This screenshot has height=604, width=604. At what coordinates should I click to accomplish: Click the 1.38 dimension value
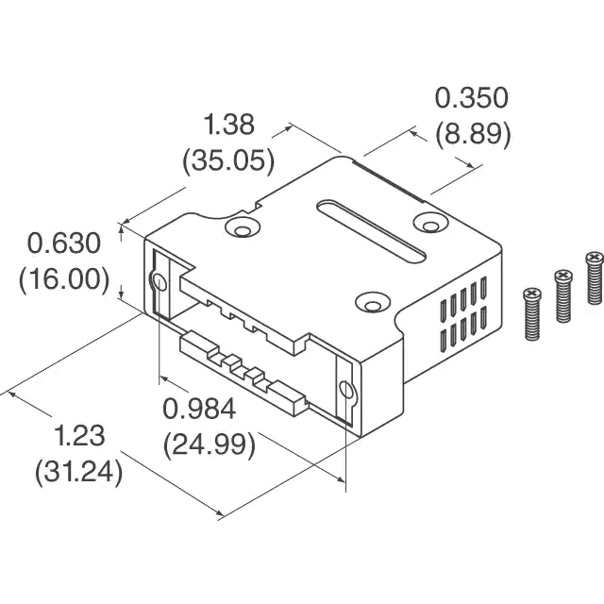coord(228,125)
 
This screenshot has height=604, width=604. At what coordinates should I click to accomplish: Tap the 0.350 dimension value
coord(471,98)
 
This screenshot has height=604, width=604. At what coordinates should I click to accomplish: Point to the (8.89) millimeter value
coord(473,133)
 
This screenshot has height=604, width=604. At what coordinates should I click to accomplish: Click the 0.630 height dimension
coord(63,244)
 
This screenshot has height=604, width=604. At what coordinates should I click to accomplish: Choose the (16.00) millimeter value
coord(63,279)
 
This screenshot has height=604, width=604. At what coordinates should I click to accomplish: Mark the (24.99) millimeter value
coord(210,443)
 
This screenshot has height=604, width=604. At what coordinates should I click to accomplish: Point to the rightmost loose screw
coord(594,277)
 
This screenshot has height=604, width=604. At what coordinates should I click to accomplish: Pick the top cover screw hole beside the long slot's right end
coord(430,223)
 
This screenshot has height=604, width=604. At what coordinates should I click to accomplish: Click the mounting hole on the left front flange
coord(158,282)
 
